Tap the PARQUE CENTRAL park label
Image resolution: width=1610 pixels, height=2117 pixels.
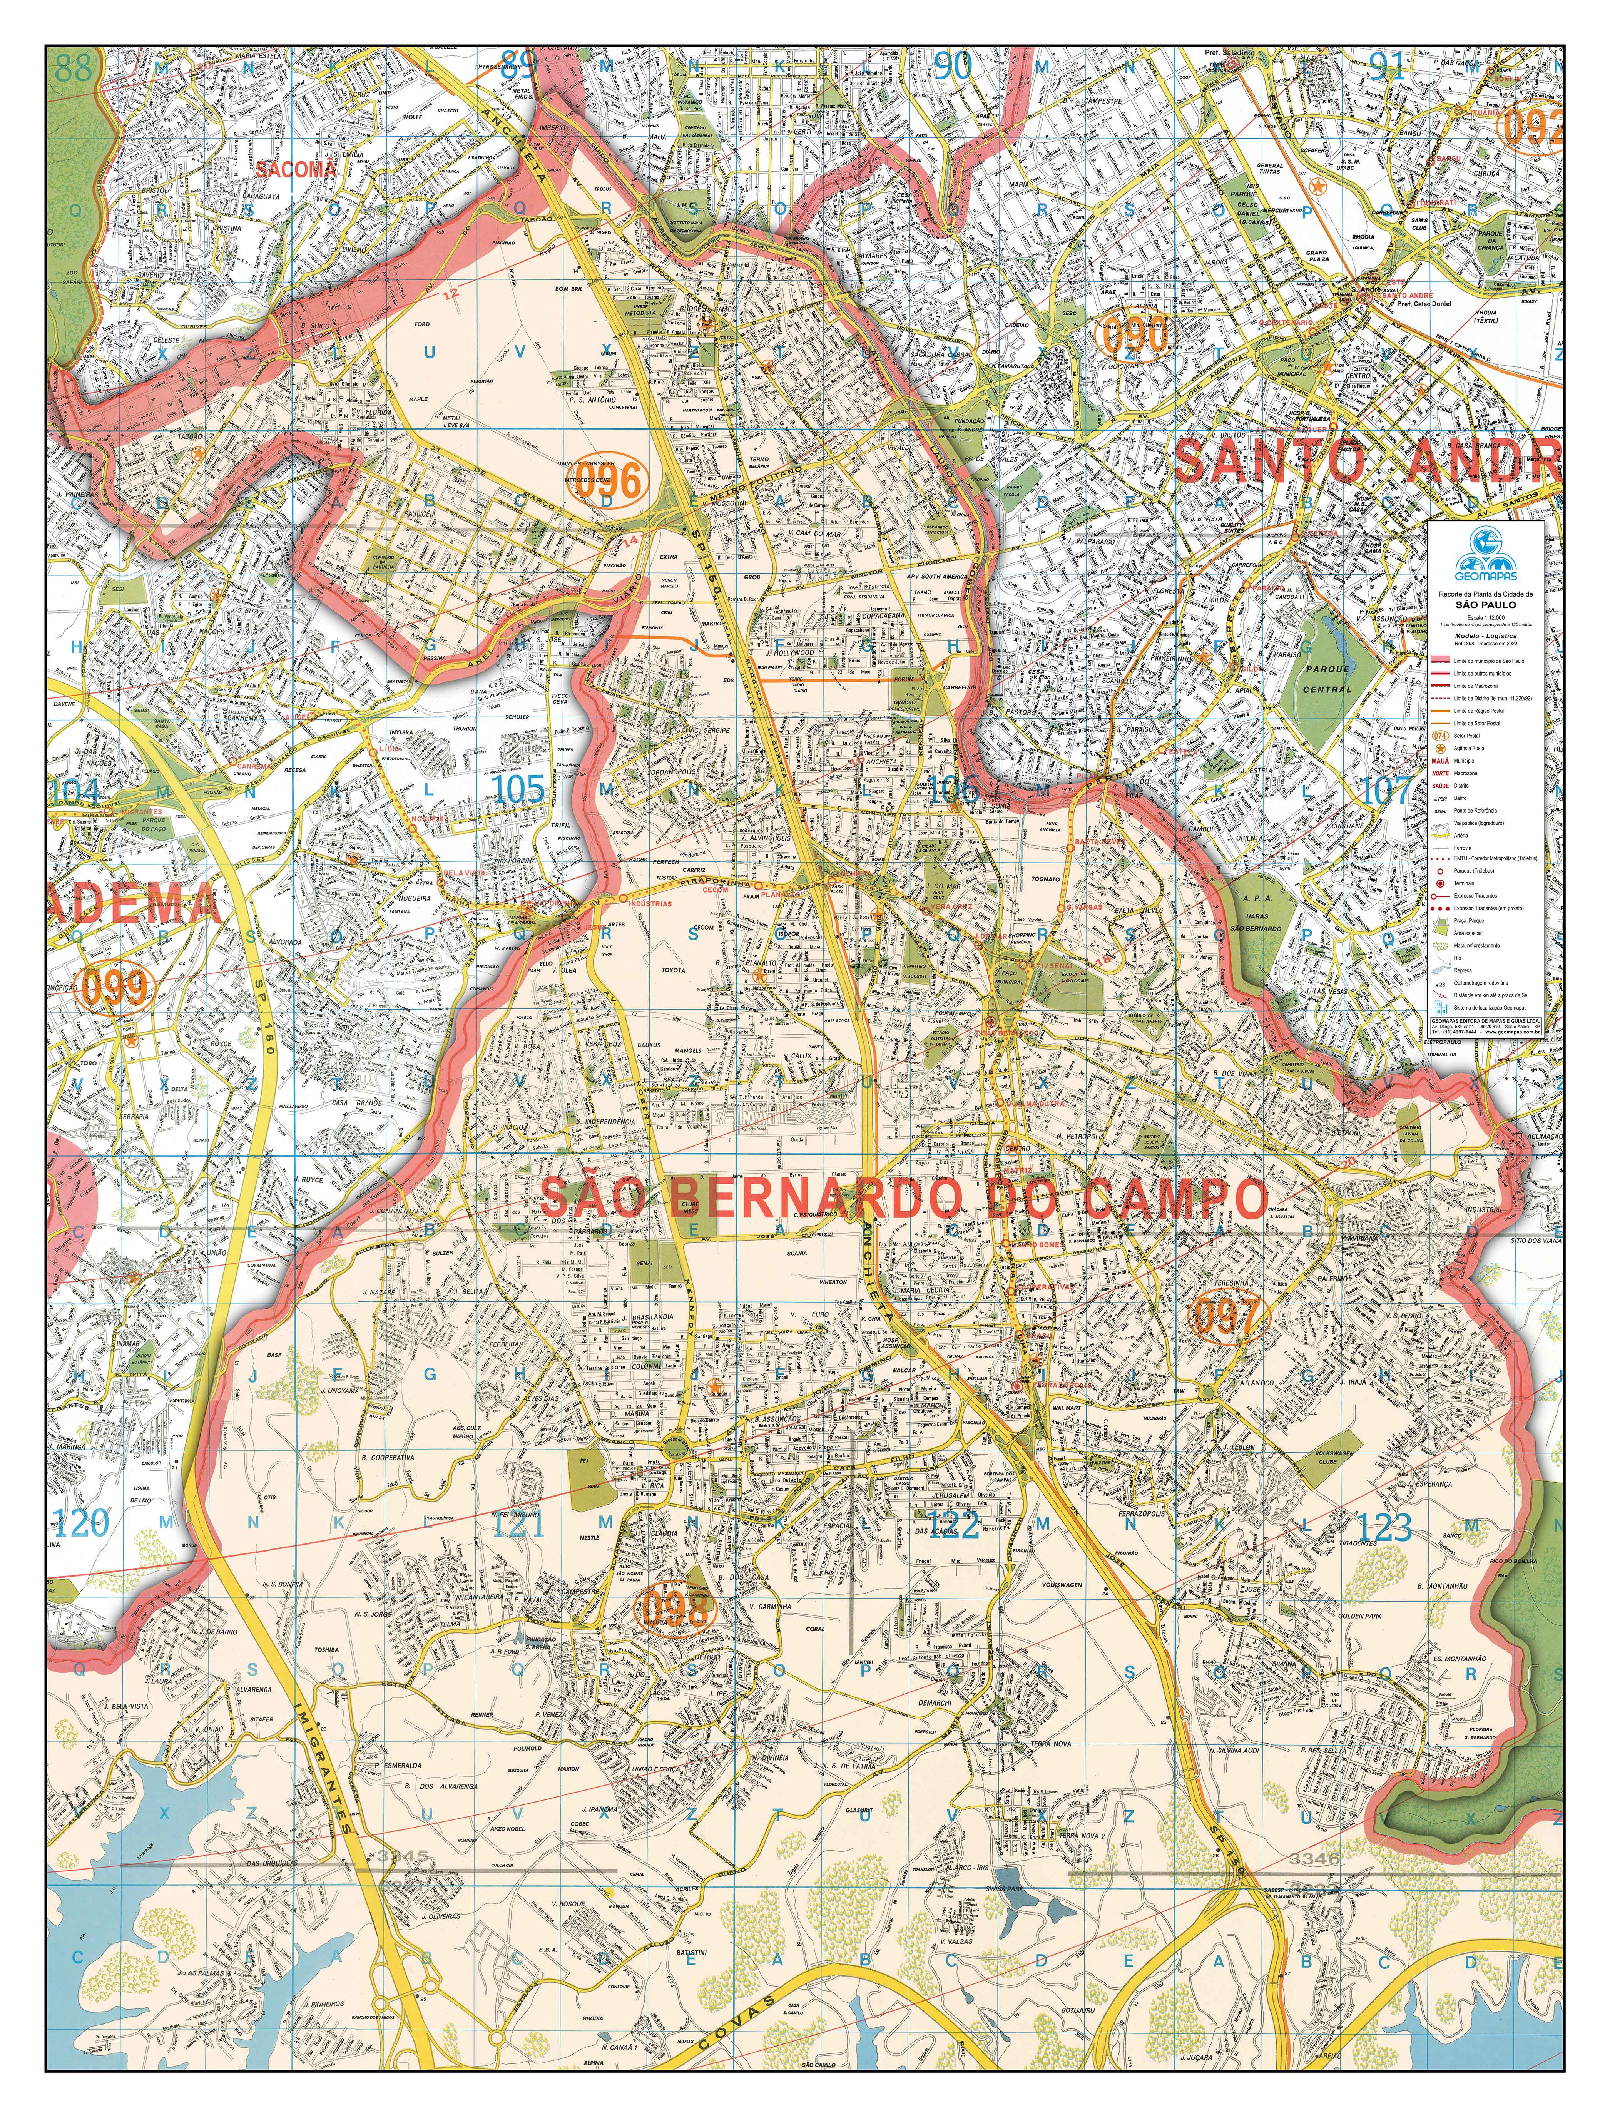click(1327, 679)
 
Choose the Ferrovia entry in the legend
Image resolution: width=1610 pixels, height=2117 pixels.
click(1463, 847)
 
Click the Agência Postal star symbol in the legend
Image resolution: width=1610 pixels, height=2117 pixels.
click(1439, 747)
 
